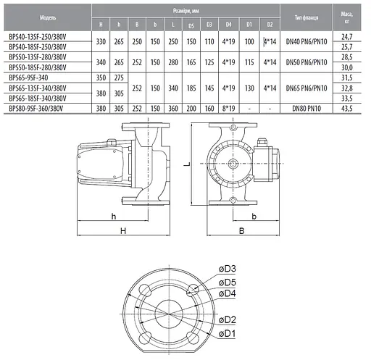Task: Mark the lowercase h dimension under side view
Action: [114, 216]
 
